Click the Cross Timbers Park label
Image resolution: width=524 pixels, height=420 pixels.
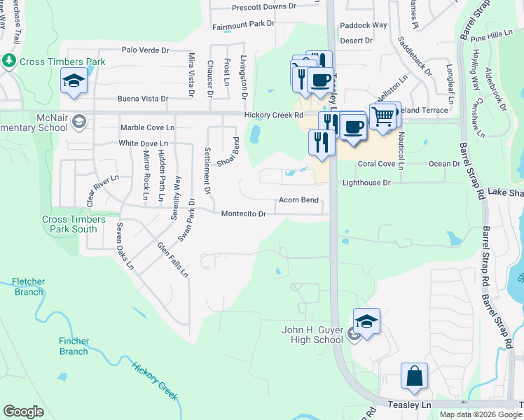[x=63, y=62]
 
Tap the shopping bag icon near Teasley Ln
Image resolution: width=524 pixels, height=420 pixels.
[x=415, y=375]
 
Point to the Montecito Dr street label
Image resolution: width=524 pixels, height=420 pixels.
[x=244, y=214]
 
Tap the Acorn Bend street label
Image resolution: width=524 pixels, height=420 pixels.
[x=299, y=200]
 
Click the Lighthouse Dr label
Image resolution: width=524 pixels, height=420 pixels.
[x=366, y=183]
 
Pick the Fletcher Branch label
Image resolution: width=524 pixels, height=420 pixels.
[x=28, y=287]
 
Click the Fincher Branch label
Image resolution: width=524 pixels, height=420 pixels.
[x=74, y=346]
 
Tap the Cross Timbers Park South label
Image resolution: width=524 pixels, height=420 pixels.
[x=74, y=224]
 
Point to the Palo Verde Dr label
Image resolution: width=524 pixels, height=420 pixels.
[x=146, y=50]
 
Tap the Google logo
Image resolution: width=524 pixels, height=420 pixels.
[x=23, y=411]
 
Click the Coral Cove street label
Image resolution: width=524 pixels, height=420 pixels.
[x=377, y=164]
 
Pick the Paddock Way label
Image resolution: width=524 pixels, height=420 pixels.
[x=363, y=25]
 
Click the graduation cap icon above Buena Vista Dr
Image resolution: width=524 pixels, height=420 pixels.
[x=74, y=81]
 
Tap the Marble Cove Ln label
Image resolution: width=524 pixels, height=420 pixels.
[x=146, y=127]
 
